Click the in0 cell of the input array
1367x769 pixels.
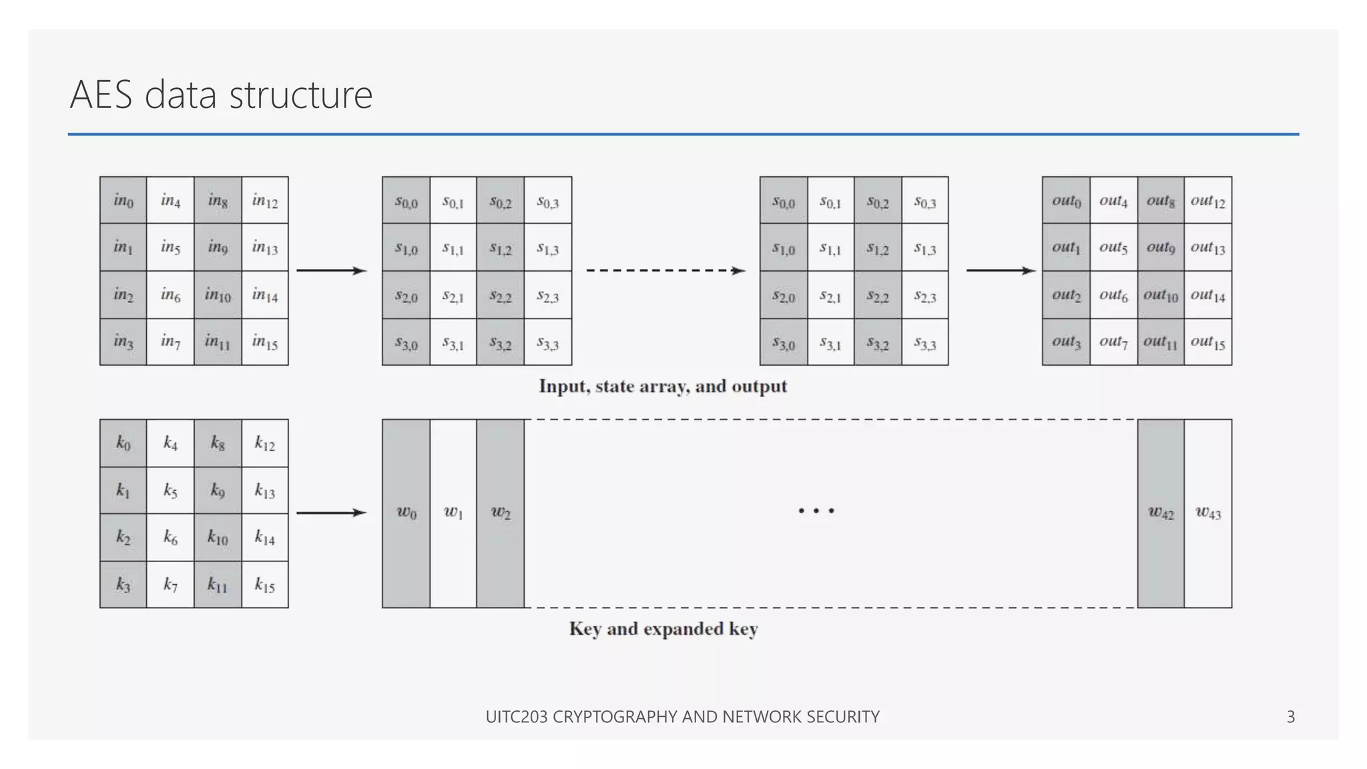pos(123,200)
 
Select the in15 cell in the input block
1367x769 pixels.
pos(265,342)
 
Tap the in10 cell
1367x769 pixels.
pos(218,294)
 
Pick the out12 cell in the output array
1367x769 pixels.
pos(1208,200)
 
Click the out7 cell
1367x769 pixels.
pos(1113,342)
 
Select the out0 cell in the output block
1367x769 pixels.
pos(1066,200)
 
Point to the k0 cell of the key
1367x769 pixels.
pos(123,443)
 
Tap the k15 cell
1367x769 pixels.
pos(265,585)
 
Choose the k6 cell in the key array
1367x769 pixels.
pos(170,537)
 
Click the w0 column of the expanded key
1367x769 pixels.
pos(406,513)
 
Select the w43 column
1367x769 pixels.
pos(1208,513)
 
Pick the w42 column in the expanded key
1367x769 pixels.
pos(1161,513)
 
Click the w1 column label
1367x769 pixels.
pos(453,513)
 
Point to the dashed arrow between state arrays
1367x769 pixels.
pos(665,270)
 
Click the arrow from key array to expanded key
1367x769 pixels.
pos(331,513)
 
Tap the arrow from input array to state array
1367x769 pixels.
pos(331,270)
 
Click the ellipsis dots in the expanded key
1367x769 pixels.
pos(816,511)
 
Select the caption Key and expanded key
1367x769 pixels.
pos(663,629)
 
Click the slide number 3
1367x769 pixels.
pos(1290,717)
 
